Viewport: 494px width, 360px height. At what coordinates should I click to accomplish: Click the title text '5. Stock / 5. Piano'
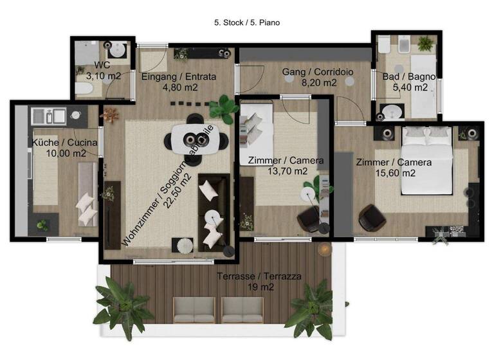click(x=247, y=22)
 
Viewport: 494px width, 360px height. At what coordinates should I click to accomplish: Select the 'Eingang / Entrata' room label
click(x=178, y=76)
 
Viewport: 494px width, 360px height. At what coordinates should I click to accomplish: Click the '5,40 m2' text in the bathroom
click(x=409, y=87)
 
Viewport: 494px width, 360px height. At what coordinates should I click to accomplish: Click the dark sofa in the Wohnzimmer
click(x=212, y=212)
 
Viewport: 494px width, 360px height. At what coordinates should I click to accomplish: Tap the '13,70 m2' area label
click(x=285, y=171)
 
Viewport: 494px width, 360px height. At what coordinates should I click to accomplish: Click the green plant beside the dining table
click(x=224, y=107)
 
